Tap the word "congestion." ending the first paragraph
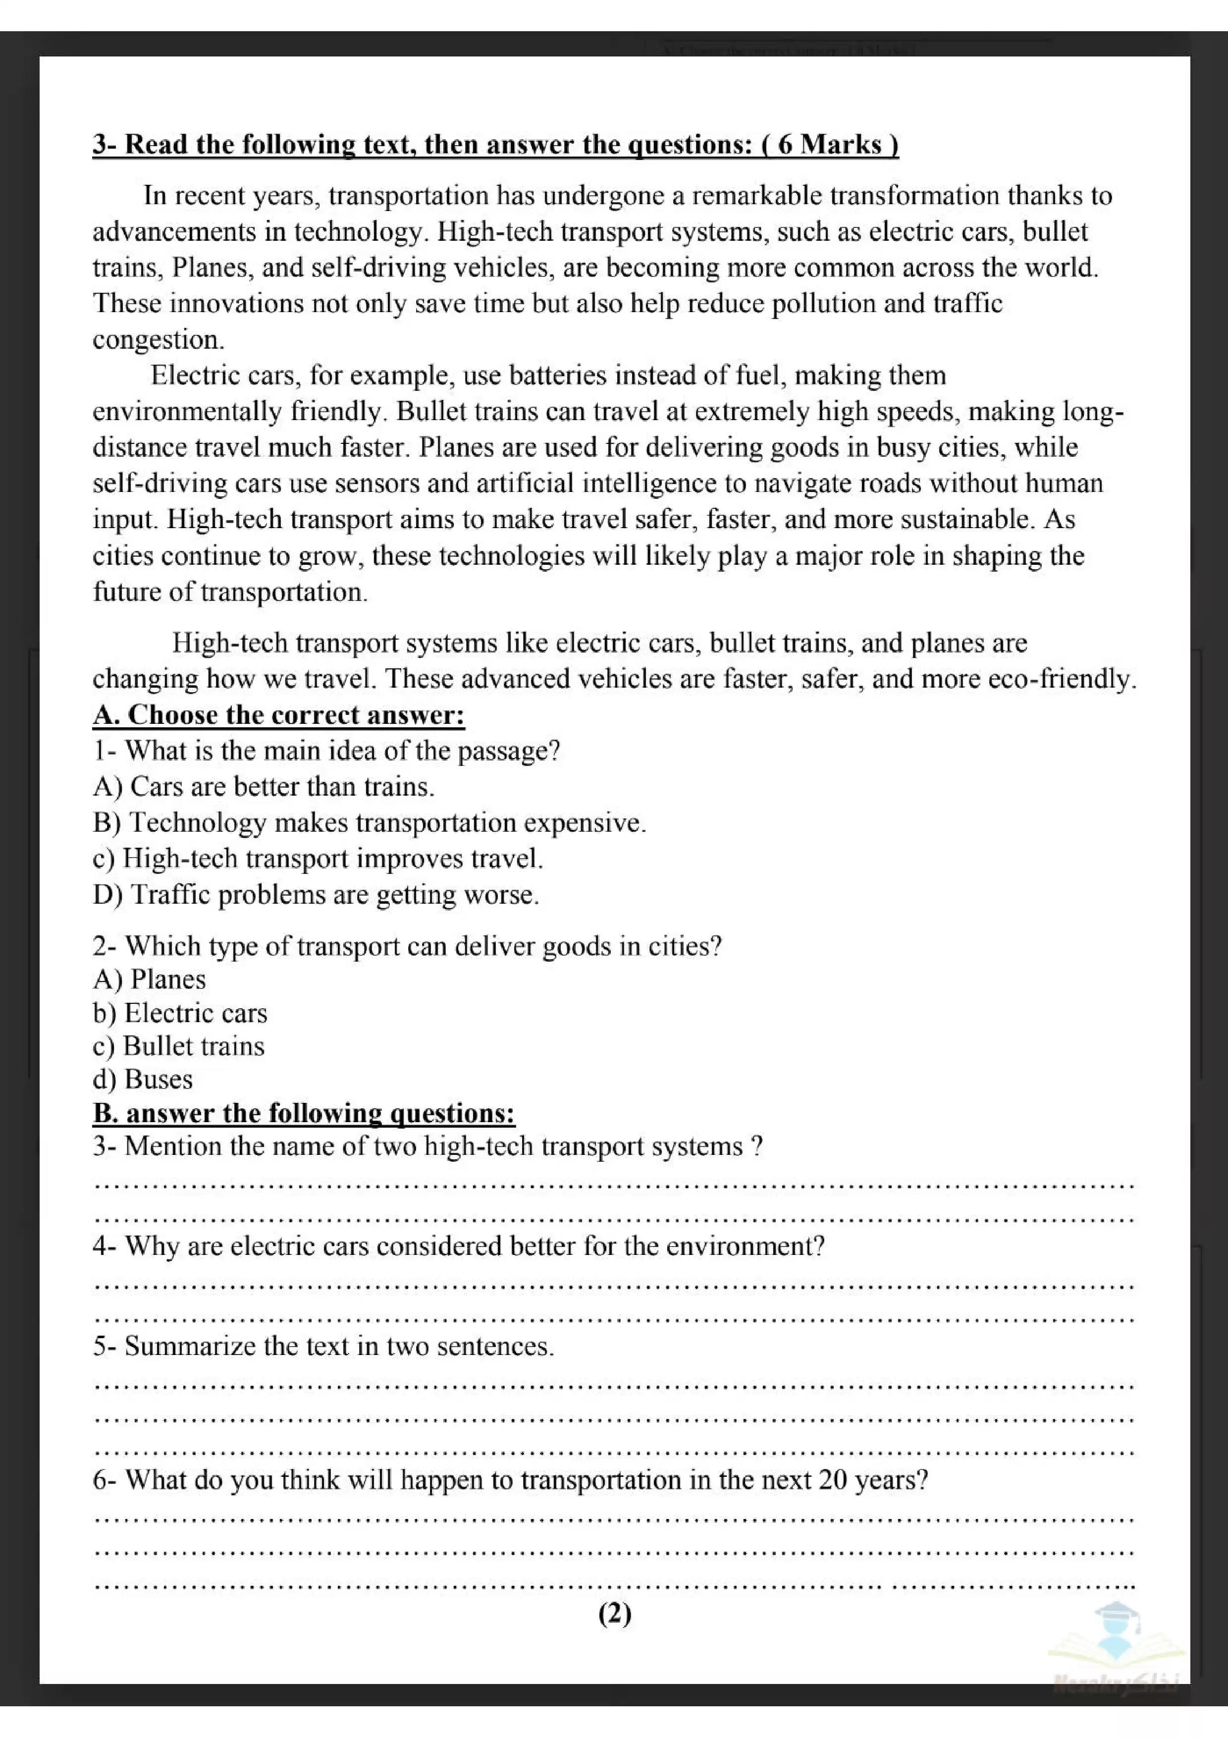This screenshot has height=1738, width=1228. point(158,340)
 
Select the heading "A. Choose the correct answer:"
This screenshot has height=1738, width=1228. point(278,714)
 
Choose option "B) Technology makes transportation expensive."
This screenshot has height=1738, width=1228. point(369,823)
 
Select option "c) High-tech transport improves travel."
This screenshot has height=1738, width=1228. point(318,859)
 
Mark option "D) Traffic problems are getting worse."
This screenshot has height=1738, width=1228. point(316,895)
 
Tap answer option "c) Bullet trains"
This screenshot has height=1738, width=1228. point(178,1046)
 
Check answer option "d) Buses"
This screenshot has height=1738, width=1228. point(142,1080)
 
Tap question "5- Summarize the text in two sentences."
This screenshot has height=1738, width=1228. point(323,1346)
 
